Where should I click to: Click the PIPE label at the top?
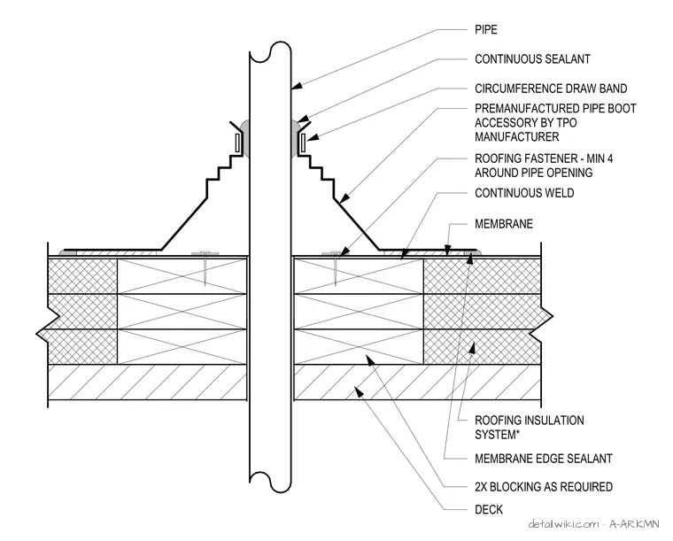tap(486, 29)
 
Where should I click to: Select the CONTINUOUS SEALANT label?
tap(532, 58)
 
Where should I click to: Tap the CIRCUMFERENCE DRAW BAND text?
tap(551, 89)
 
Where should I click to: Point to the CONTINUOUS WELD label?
tap(524, 193)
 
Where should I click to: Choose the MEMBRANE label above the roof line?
tap(504, 223)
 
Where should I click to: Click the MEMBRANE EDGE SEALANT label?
tap(544, 458)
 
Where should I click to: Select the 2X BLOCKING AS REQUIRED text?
tap(544, 486)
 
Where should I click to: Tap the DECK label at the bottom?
tap(489, 509)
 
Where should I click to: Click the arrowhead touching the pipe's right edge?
tap(297, 85)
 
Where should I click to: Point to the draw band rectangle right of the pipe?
tap(303, 143)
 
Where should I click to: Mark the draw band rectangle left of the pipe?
tap(237, 143)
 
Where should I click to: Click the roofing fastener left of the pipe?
tap(205, 267)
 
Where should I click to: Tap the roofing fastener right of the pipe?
tap(335, 267)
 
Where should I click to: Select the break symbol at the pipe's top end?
tap(270, 52)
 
